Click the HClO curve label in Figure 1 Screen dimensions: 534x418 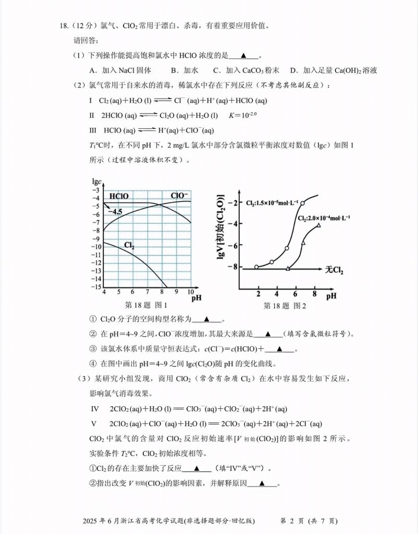pos(119,196)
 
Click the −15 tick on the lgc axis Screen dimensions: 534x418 pos(97,287)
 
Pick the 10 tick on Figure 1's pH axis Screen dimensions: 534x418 pos(191,292)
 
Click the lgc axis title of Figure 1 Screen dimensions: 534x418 pos(96,181)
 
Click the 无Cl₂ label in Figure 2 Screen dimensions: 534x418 pos(334,270)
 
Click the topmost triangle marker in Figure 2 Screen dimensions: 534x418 pos(318,225)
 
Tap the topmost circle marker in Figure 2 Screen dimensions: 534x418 pos(303,202)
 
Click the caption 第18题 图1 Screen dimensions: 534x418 pos(146,305)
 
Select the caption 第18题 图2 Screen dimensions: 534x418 pos(285,305)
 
